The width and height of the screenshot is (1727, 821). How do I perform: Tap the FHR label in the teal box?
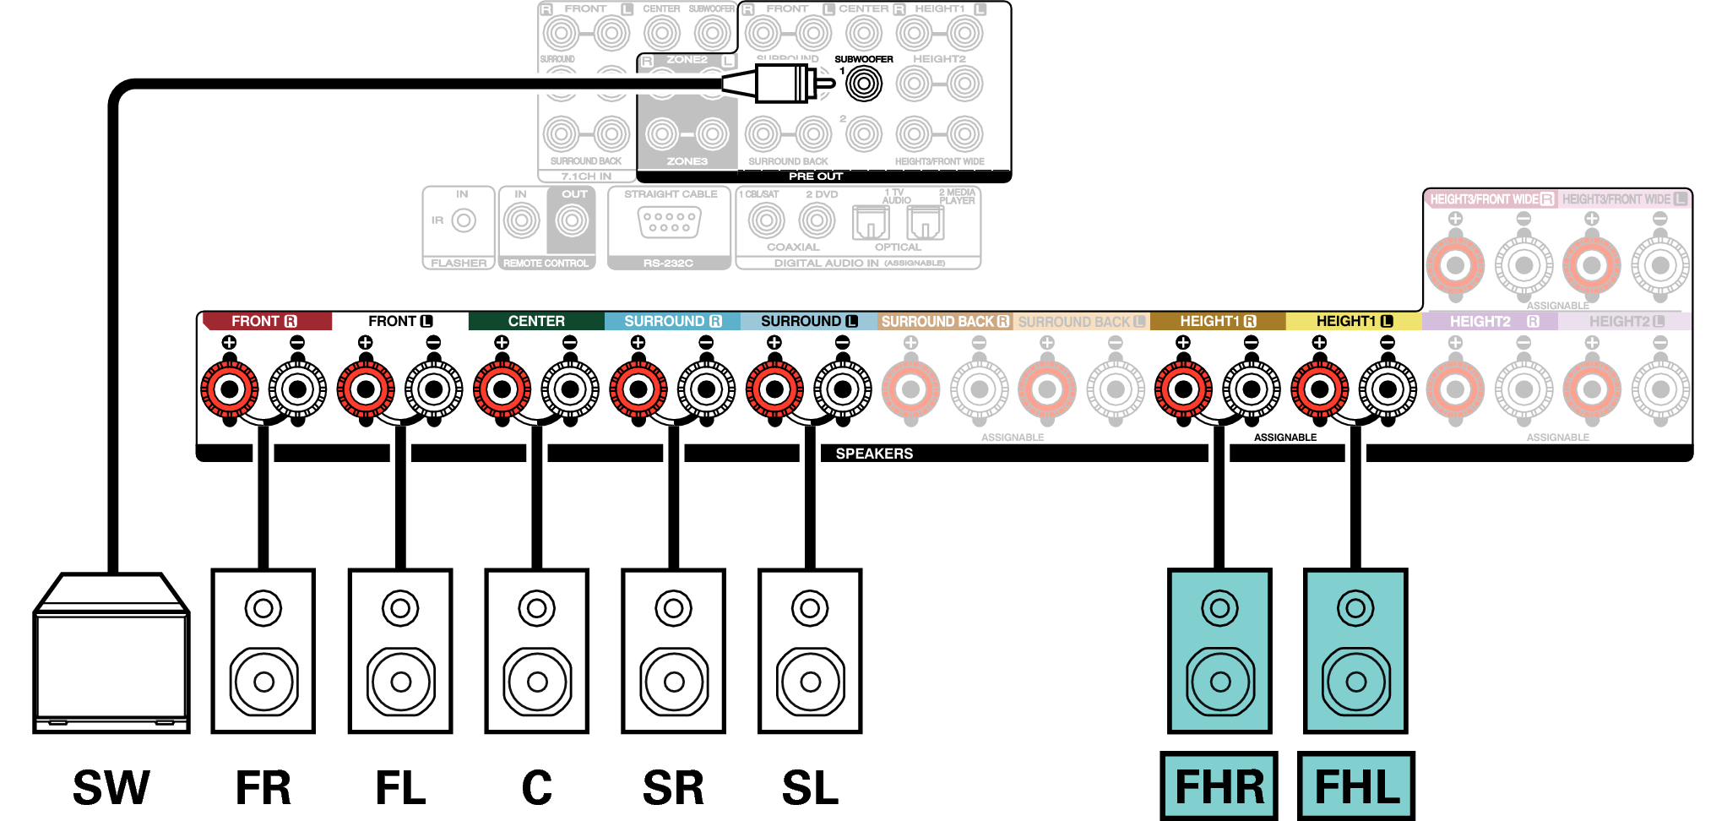(1219, 786)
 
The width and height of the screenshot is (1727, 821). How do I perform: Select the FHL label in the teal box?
(1356, 786)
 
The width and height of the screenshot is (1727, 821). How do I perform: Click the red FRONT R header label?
(263, 322)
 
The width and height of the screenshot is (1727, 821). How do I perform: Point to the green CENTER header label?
(536, 322)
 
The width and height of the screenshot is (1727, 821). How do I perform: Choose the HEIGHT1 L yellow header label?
(1354, 322)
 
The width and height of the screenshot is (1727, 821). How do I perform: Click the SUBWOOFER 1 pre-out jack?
(864, 84)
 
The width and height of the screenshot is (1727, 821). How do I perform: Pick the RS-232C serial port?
(669, 222)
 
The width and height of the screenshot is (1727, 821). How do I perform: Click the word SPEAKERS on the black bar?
(874, 454)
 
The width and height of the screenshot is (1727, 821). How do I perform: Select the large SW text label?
(111, 787)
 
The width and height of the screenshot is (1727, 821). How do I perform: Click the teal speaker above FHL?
(1355, 651)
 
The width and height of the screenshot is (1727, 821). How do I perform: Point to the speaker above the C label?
(537, 651)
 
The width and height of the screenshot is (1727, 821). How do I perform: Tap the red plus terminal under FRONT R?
(229, 389)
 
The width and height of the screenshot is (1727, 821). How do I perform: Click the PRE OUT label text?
(816, 177)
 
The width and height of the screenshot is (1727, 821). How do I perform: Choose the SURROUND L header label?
(808, 322)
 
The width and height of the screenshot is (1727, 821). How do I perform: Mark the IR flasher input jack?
(464, 221)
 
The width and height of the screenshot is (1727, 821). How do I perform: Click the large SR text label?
(673, 787)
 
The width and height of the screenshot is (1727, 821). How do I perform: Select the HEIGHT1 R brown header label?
(1217, 322)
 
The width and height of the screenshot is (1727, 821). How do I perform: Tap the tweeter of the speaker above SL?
(810, 608)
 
